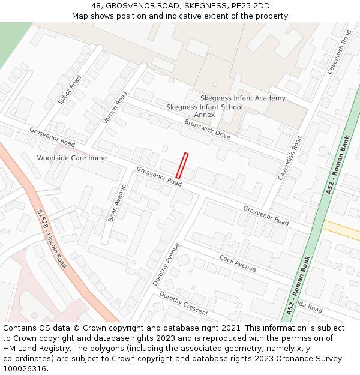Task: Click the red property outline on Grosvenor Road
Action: click(182, 165)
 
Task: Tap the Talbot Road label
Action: click(69, 90)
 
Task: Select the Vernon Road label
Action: click(116, 107)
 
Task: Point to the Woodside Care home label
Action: click(72, 158)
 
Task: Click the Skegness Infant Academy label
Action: click(242, 98)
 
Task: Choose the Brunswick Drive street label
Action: click(207, 129)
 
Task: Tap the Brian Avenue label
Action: click(117, 203)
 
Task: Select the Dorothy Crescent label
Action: click(184, 304)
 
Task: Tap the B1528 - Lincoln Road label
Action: click(52, 238)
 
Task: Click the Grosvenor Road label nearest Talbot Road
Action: click(52, 137)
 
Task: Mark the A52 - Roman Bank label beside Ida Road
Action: click(298, 286)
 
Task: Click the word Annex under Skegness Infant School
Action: click(204, 115)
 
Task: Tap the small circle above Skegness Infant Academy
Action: click(215, 85)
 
